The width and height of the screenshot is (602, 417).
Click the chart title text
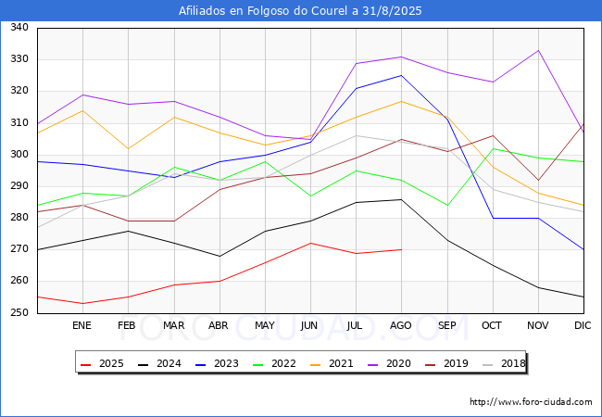click(x=301, y=11)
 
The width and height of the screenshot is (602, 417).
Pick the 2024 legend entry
click(x=157, y=363)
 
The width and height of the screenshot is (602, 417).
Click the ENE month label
click(x=82, y=325)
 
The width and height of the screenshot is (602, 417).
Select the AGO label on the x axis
click(x=401, y=325)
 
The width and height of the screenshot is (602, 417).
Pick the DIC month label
click(x=583, y=325)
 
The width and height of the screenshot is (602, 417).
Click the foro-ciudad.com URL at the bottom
click(x=531, y=402)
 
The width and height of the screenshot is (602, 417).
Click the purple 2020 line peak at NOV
click(x=538, y=50)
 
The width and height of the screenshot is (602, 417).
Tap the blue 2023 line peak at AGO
click(x=401, y=75)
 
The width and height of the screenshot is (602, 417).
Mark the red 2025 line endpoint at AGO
click(x=401, y=249)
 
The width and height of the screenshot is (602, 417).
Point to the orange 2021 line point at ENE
click(x=82, y=110)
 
